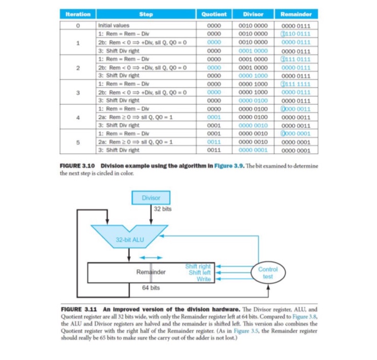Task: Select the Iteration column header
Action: tap(78, 15)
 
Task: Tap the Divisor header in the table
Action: tap(253, 15)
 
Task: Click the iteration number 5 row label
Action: tap(79, 142)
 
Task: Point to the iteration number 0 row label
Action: tap(79, 25)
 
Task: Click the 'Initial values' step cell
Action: tap(114, 25)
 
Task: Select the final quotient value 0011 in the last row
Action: tap(214, 150)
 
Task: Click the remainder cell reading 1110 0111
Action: tap(296, 33)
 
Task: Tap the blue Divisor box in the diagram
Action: tap(151, 198)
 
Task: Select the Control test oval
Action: tap(268, 273)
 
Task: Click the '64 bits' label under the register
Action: tap(151, 288)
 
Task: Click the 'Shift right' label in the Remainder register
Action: tap(198, 266)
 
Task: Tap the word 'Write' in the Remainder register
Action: tap(204, 279)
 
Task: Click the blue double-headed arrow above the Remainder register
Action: tap(151, 257)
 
